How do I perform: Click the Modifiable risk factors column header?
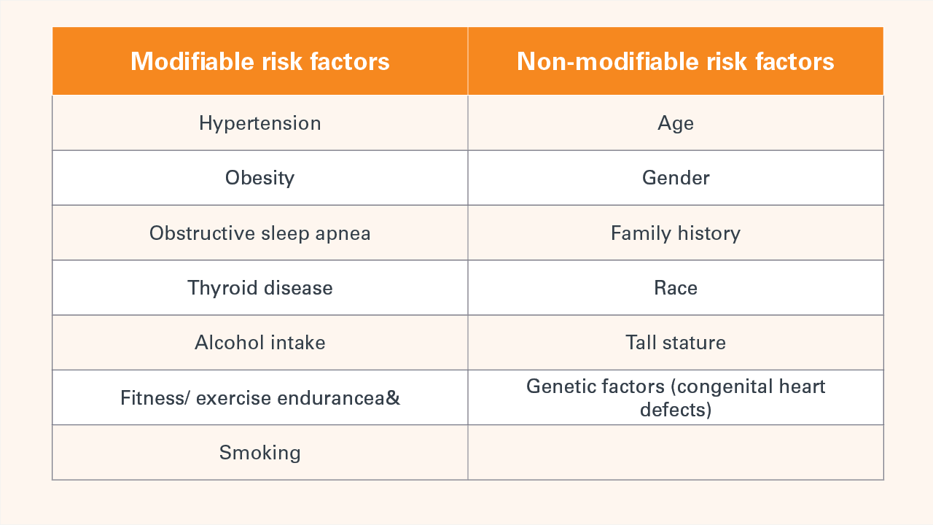[259, 61]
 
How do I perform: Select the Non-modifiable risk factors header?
[675, 61]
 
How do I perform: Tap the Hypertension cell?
[259, 123]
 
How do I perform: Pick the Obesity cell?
[259, 178]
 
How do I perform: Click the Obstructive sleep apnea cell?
[259, 233]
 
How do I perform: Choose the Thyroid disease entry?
[259, 288]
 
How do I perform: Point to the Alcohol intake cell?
[259, 343]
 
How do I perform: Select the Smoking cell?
[259, 453]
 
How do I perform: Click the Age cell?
[675, 123]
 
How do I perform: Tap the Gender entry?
[675, 178]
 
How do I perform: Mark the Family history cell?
[675, 233]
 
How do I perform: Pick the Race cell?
[675, 288]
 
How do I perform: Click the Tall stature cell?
[675, 343]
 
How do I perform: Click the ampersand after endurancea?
[394, 398]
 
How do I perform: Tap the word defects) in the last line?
[675, 410]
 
